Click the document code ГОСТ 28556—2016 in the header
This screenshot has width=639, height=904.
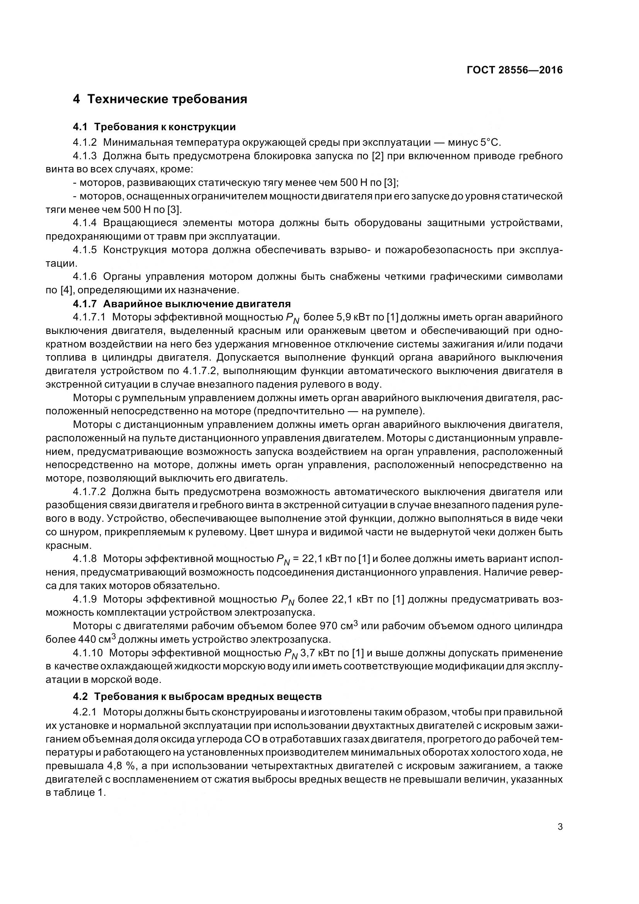pos(515,70)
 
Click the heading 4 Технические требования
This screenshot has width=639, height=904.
pos(160,99)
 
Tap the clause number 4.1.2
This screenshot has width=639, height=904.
pos(85,142)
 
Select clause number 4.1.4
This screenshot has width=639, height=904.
pos(85,223)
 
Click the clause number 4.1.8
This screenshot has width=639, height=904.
pos(85,559)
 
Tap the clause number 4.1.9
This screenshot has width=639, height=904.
pos(85,599)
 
